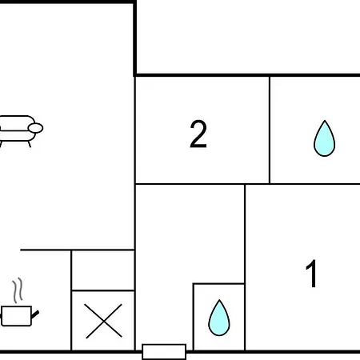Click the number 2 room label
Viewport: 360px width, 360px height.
tap(198, 134)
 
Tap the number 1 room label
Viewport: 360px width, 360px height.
tap(311, 274)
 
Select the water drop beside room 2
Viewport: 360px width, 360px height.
tap(324, 138)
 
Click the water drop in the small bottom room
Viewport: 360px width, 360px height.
tap(219, 318)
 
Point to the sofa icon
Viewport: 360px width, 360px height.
tap(20, 131)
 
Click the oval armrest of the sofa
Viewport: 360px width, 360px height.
tap(35, 128)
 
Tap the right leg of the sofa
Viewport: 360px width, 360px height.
tap(30, 144)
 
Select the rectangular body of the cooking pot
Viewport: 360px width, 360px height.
tap(17, 316)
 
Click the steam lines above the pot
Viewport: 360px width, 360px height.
tap(18, 290)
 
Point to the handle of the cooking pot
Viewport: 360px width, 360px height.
tap(35, 314)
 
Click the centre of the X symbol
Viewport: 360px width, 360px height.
tap(103, 321)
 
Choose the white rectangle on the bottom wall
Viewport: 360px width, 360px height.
tap(164, 352)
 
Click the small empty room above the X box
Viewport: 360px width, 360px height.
tap(103, 270)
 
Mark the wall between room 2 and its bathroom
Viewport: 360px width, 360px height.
tap(270, 130)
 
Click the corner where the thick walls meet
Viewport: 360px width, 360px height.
tap(135, 75)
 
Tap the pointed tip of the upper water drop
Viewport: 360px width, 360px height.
tap(325, 121)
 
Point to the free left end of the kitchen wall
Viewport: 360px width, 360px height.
tap(21, 250)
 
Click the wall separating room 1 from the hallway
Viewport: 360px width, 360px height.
tap(245, 267)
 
